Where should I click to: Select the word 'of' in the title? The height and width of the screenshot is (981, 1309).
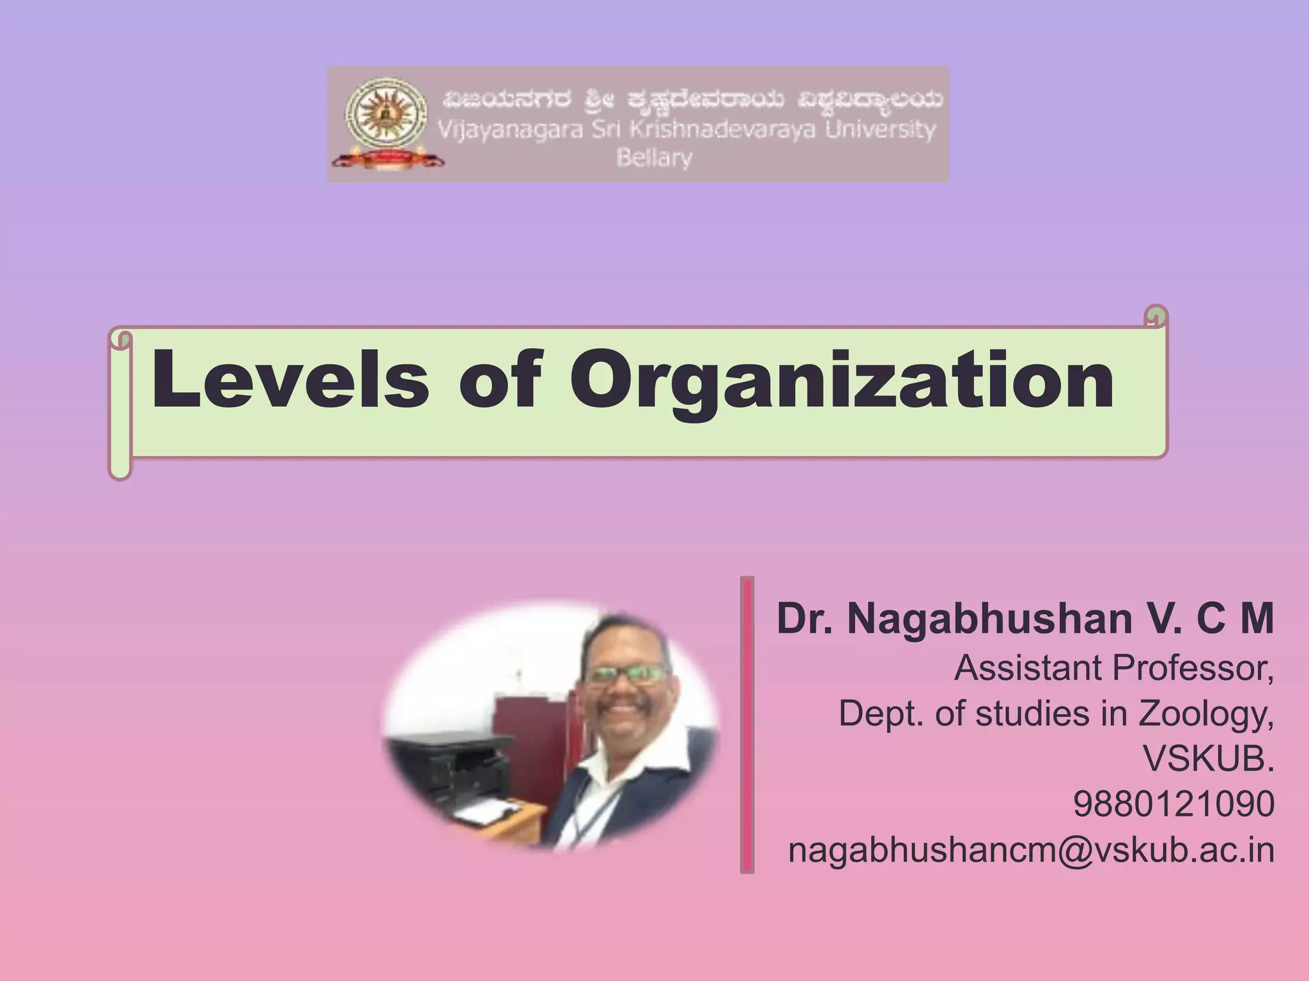[500, 380]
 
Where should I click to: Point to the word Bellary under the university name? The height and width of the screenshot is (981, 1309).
[654, 158]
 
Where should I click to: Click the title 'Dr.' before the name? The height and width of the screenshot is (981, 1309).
[805, 619]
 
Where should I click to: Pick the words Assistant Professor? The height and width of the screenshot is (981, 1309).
[1113, 668]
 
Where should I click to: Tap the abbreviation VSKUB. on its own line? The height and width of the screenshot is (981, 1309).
[1208, 759]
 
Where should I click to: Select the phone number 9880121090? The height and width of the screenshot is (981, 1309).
[1173, 804]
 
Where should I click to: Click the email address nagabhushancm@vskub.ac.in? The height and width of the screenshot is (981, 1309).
[1031, 850]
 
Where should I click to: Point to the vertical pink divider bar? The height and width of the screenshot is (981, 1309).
[747, 724]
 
